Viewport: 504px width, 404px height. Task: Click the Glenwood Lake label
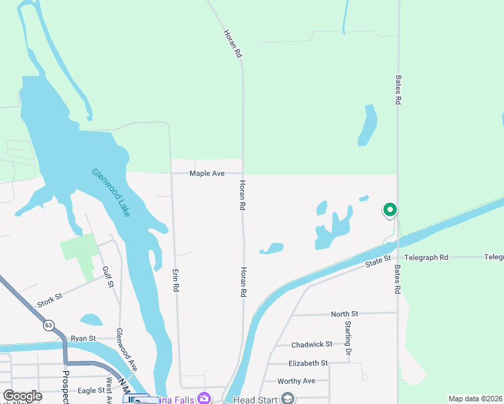point(111,192)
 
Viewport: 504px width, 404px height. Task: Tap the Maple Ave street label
point(207,174)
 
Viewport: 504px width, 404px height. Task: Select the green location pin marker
point(389,211)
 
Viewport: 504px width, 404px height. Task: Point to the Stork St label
point(50,300)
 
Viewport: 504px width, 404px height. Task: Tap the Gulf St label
point(107,276)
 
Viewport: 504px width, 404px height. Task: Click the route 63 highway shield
point(49,325)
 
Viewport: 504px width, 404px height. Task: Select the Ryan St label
point(84,338)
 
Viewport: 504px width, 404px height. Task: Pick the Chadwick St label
point(312,345)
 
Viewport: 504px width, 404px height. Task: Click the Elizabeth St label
point(307,363)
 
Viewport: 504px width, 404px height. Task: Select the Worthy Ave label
point(296,381)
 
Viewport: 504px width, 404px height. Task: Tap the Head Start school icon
point(288,399)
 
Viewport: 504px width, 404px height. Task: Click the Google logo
point(22,396)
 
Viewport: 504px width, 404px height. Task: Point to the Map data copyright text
point(475,399)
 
